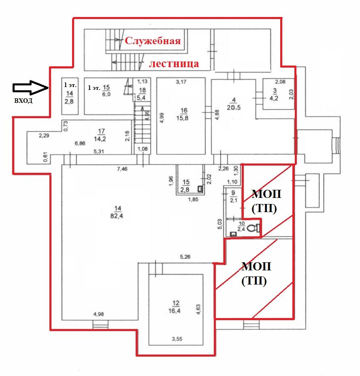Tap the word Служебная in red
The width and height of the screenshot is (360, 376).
[152, 41]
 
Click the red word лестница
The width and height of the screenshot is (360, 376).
[174, 64]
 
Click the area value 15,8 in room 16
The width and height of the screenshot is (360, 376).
[183, 117]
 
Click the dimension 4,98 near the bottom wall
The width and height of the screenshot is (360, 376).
[99, 314]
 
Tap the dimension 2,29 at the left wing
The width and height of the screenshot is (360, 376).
[44, 136]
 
